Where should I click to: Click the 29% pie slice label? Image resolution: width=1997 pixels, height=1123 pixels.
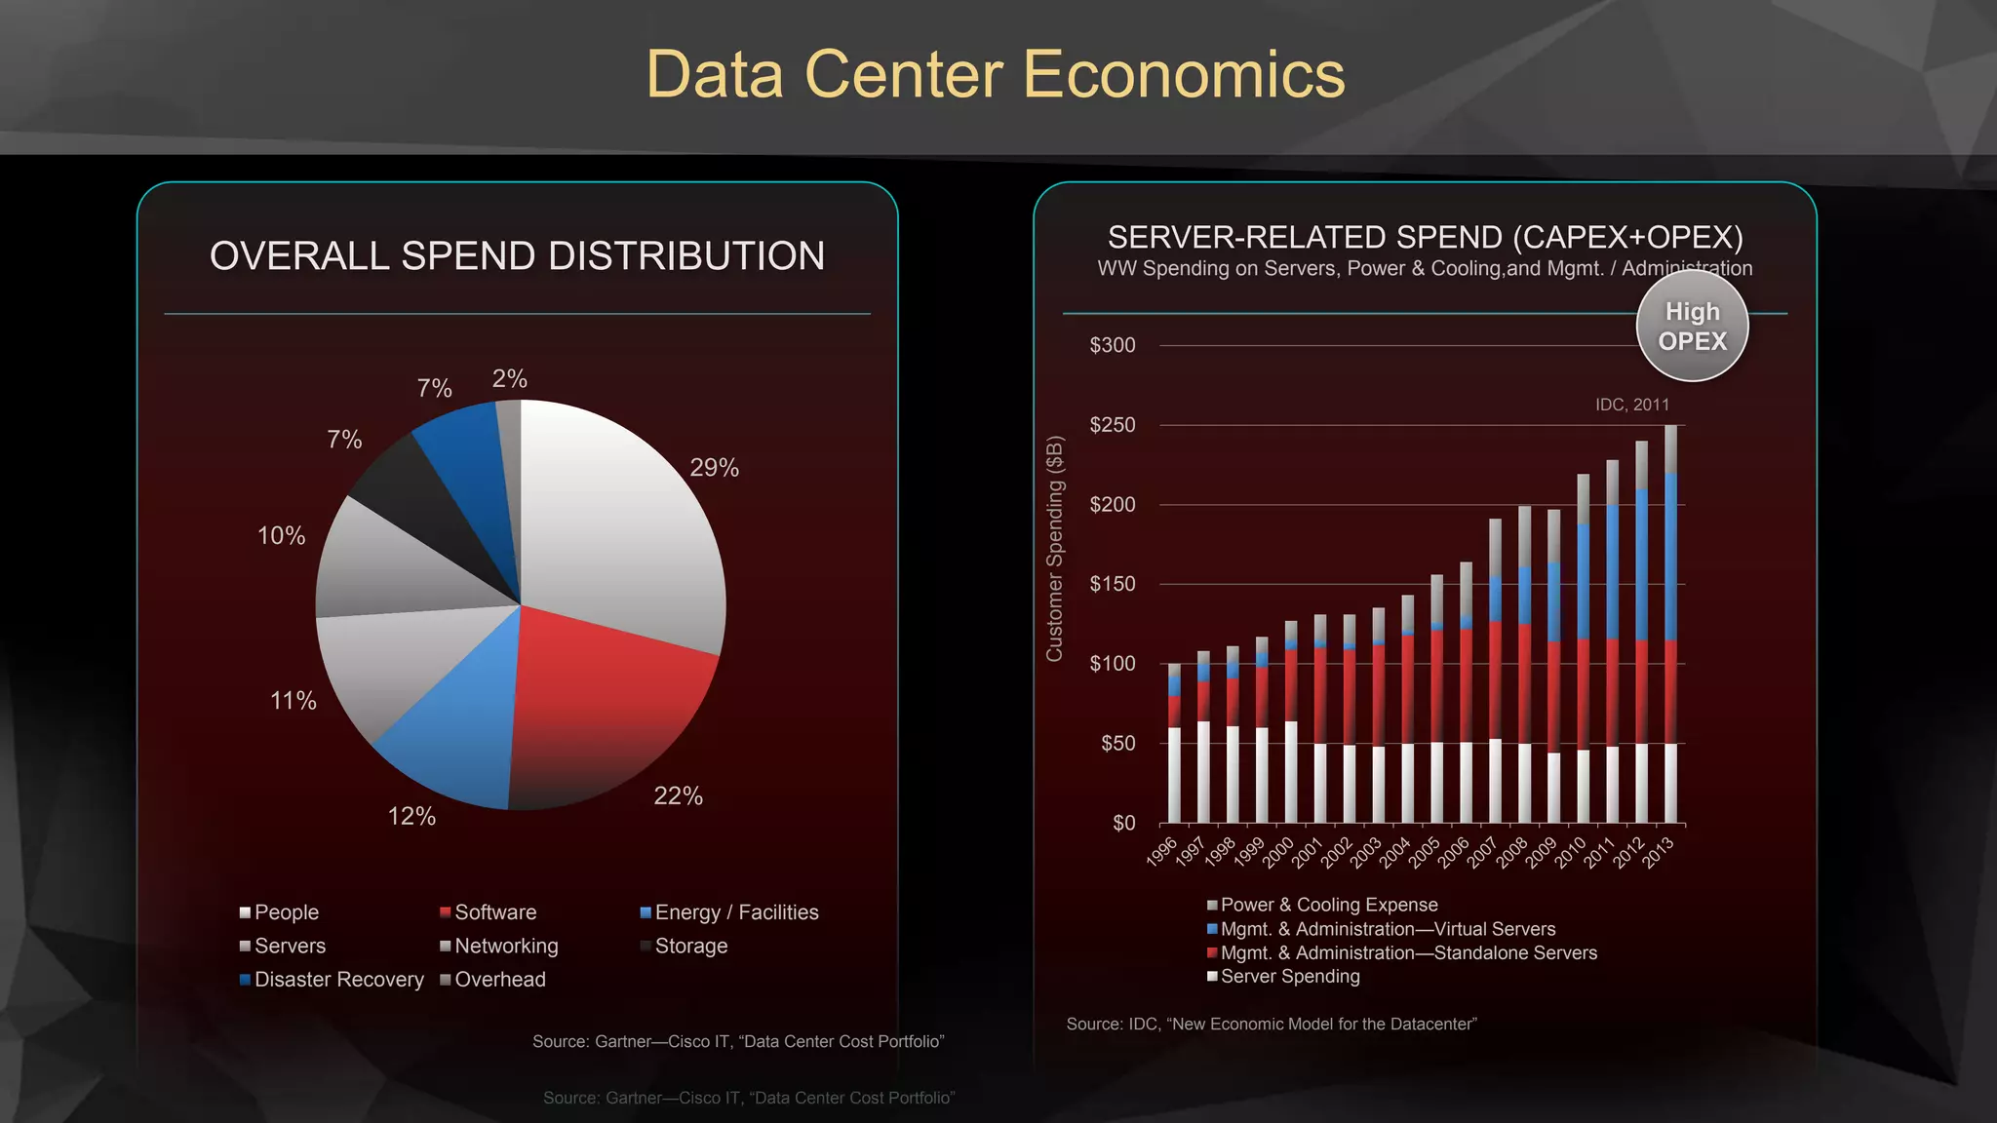pyautogui.click(x=714, y=468)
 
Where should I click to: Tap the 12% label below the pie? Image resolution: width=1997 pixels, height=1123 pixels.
pyautogui.click(x=411, y=816)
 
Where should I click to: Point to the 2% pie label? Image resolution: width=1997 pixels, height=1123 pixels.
pyautogui.click(x=509, y=378)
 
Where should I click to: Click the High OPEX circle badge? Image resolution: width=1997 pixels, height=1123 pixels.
pyautogui.click(x=1692, y=327)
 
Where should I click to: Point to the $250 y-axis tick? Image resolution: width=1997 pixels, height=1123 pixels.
pyautogui.click(x=1113, y=425)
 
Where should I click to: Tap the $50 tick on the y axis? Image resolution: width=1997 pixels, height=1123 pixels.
pyautogui.click(x=1117, y=744)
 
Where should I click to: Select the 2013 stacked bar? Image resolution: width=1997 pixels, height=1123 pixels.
pyautogui.click(x=1671, y=624)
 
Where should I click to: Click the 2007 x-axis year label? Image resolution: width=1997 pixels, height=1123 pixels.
pyautogui.click(x=1482, y=852)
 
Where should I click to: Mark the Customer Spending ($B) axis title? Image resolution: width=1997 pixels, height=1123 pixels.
pyautogui.click(x=1054, y=548)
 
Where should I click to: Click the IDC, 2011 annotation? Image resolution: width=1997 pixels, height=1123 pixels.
pyautogui.click(x=1631, y=405)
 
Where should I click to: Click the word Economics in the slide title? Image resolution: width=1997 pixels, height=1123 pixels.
pyautogui.click(x=1184, y=75)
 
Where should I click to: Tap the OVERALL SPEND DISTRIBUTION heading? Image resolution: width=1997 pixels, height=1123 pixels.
pyautogui.click(x=517, y=256)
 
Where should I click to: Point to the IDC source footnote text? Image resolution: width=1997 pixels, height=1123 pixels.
pyautogui.click(x=1271, y=1024)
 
